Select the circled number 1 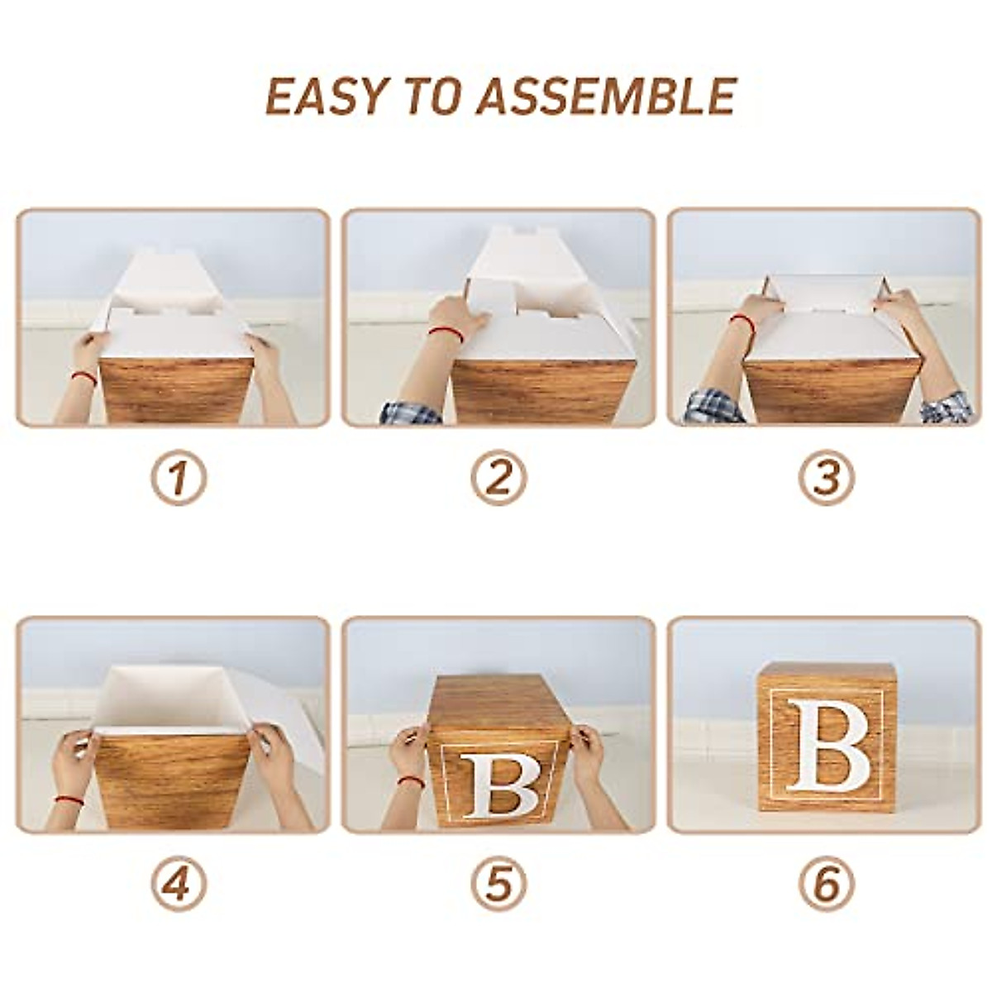[178, 479]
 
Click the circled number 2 [498, 479]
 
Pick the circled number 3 [826, 479]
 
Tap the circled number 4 [178, 886]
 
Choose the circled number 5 [498, 886]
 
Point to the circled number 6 [826, 886]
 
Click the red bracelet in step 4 [66, 800]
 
